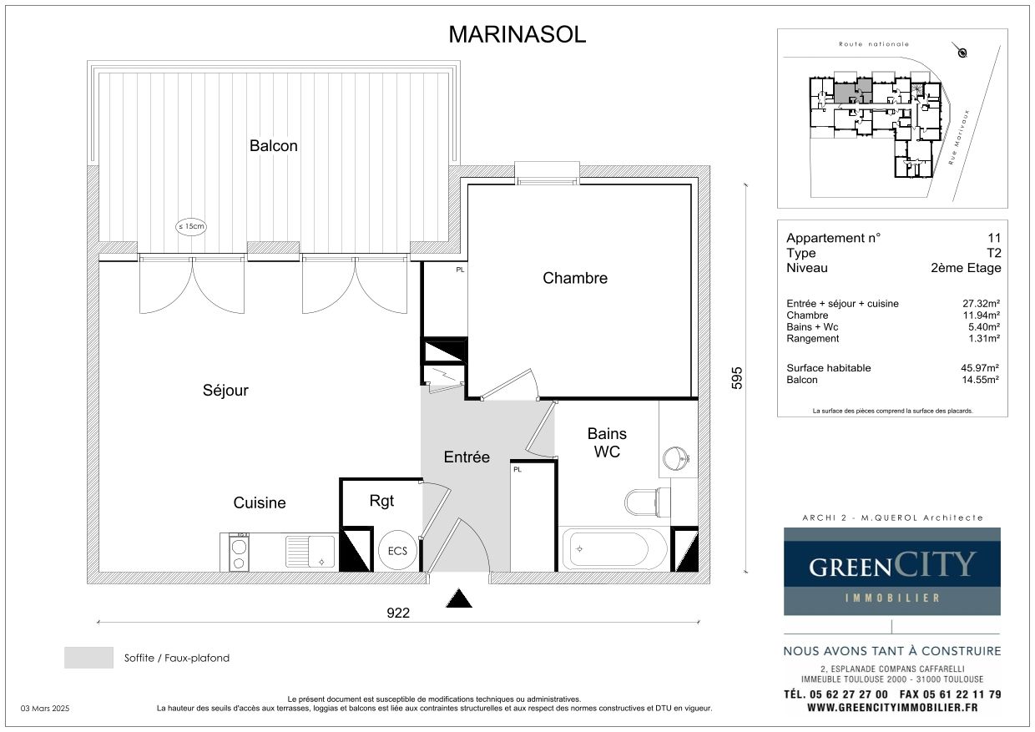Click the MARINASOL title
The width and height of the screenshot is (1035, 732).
pyautogui.click(x=517, y=35)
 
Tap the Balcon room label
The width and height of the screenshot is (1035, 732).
pyautogui.click(x=274, y=145)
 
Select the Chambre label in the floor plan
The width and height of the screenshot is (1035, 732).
pyautogui.click(x=575, y=278)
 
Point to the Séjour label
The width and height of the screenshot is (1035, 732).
pyautogui.click(x=225, y=391)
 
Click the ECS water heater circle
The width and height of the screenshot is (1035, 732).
pyautogui.click(x=397, y=550)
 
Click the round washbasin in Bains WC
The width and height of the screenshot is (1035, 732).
pyautogui.click(x=675, y=458)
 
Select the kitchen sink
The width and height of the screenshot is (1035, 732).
pyautogui.click(x=310, y=551)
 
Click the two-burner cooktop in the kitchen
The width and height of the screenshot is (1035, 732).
pyautogui.click(x=239, y=553)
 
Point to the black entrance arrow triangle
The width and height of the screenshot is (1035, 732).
pyautogui.click(x=459, y=598)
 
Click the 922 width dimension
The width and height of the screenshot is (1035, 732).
pyautogui.click(x=398, y=613)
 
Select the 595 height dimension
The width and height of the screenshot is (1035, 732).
pyautogui.click(x=737, y=378)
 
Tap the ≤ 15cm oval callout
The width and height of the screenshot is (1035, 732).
pyautogui.click(x=191, y=226)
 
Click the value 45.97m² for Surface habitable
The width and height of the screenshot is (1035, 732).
pyautogui.click(x=980, y=368)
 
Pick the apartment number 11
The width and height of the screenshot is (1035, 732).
pyautogui.click(x=994, y=238)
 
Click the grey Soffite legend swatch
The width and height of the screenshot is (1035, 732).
pyautogui.click(x=88, y=658)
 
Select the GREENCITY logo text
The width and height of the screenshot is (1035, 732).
pyautogui.click(x=891, y=565)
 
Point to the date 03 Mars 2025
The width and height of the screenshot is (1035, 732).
pyautogui.click(x=45, y=709)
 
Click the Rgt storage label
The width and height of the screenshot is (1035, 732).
pyautogui.click(x=381, y=501)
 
